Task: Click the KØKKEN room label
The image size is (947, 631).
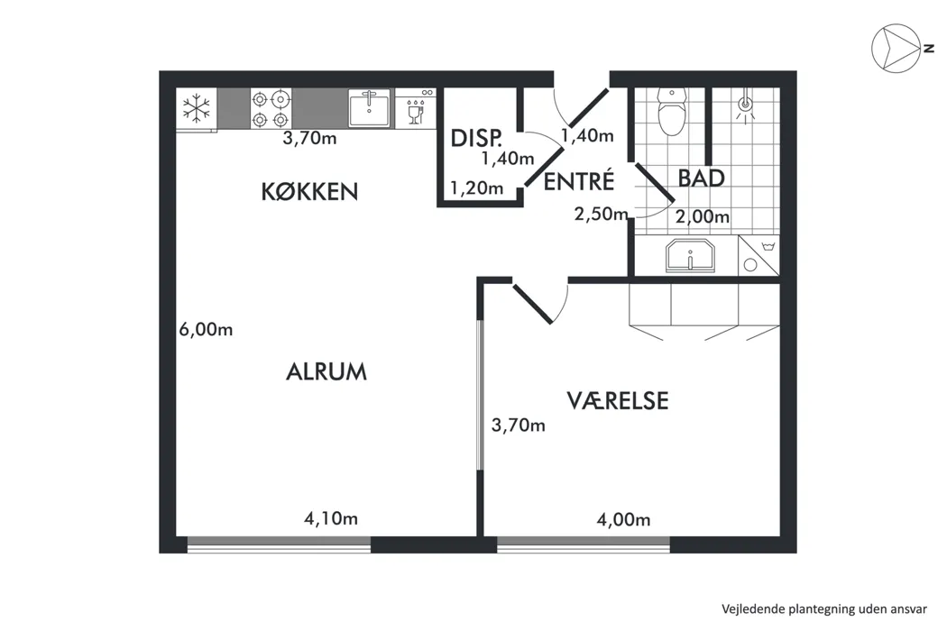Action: click(x=309, y=191)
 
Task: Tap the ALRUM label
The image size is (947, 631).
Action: click(x=326, y=371)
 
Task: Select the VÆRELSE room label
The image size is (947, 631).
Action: click(x=618, y=401)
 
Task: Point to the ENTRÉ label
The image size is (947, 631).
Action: click(x=579, y=180)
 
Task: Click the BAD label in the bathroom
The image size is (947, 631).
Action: click(x=701, y=178)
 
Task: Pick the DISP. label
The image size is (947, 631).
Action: click(x=476, y=139)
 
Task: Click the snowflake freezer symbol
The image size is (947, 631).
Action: click(x=197, y=109)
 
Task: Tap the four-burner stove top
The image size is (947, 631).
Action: click(x=271, y=109)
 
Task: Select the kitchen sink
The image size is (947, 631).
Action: click(x=370, y=108)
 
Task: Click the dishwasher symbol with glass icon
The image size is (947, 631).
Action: click(x=416, y=108)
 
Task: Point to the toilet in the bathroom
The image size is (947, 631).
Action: click(x=672, y=112)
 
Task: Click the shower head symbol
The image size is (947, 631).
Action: click(x=746, y=105)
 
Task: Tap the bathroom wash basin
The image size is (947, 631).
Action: click(x=690, y=256)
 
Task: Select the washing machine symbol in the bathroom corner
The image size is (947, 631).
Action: click(x=759, y=255)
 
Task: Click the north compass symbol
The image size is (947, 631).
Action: click(x=897, y=49)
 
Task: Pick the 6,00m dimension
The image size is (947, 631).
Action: click(x=206, y=330)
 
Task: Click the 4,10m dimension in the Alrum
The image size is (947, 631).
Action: click(x=331, y=518)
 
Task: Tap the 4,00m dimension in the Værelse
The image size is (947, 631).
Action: click(x=623, y=519)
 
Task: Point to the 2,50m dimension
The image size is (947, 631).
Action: click(x=601, y=215)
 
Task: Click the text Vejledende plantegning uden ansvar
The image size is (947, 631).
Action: click(x=823, y=609)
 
